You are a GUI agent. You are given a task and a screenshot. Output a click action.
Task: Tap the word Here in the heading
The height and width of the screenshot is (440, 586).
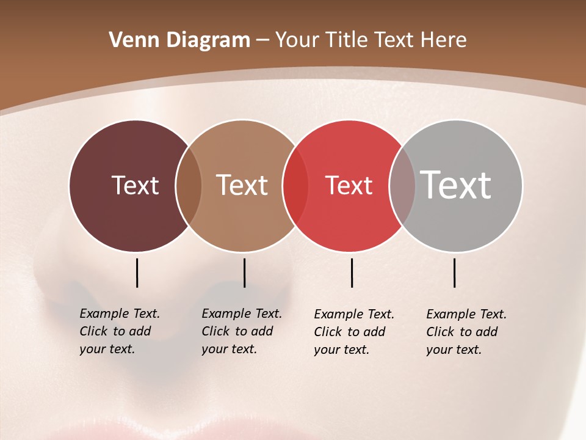(x=444, y=40)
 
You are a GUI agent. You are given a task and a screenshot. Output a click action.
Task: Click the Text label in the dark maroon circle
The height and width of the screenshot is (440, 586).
(x=135, y=185)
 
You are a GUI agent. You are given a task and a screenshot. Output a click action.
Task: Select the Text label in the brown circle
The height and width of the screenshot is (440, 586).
(x=242, y=185)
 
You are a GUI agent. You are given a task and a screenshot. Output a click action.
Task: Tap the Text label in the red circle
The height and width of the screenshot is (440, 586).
(x=349, y=185)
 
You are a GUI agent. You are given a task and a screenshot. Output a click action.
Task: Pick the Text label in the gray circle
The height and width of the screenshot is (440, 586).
(x=455, y=185)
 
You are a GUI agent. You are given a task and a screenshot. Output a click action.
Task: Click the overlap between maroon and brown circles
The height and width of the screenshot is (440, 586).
(x=189, y=185)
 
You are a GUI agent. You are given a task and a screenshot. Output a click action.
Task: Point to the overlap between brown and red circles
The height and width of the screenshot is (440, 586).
(x=295, y=185)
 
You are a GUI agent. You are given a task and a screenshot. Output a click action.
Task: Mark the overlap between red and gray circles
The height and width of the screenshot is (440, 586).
(x=402, y=185)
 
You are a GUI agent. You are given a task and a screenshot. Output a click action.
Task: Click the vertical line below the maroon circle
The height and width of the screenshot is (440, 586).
(x=137, y=273)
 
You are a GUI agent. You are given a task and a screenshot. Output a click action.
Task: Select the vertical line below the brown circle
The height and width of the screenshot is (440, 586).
(x=244, y=273)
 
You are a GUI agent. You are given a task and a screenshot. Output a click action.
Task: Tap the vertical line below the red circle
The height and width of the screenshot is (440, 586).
(x=352, y=273)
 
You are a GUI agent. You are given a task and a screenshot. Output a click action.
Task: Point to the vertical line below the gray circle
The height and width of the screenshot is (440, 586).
(x=454, y=273)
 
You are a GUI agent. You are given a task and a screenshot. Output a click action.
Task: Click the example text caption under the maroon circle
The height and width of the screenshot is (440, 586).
(x=119, y=331)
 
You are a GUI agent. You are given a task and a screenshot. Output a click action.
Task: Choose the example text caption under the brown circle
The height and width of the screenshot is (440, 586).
(x=241, y=331)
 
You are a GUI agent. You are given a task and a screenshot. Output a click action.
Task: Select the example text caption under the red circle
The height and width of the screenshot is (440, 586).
(x=353, y=332)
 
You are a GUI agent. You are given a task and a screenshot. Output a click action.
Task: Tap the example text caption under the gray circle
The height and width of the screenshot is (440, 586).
(x=466, y=332)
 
